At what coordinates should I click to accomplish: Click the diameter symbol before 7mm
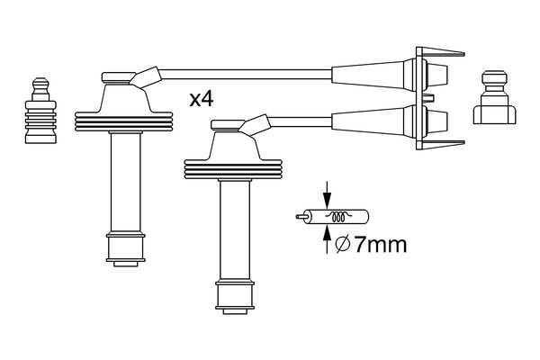342,244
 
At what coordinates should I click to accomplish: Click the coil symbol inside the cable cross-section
339,217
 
